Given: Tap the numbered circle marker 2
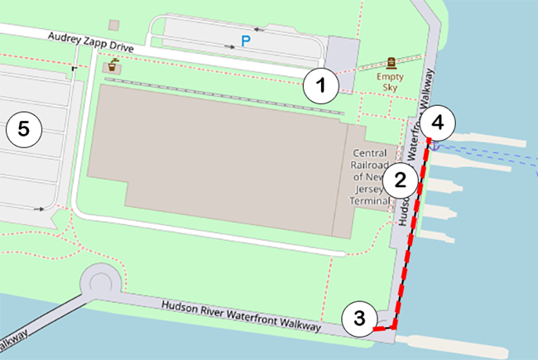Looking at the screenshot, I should [x=401, y=180].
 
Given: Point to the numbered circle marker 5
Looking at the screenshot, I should [x=22, y=128].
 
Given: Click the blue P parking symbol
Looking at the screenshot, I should [x=244, y=40].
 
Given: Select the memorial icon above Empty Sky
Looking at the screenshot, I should [x=392, y=63].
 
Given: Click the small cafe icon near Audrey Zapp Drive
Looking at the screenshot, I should [x=111, y=65].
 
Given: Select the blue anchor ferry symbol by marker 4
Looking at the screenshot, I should [x=432, y=146].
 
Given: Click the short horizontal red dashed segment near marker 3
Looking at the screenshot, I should [x=383, y=329].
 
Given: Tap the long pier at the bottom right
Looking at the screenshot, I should [x=455, y=340].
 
